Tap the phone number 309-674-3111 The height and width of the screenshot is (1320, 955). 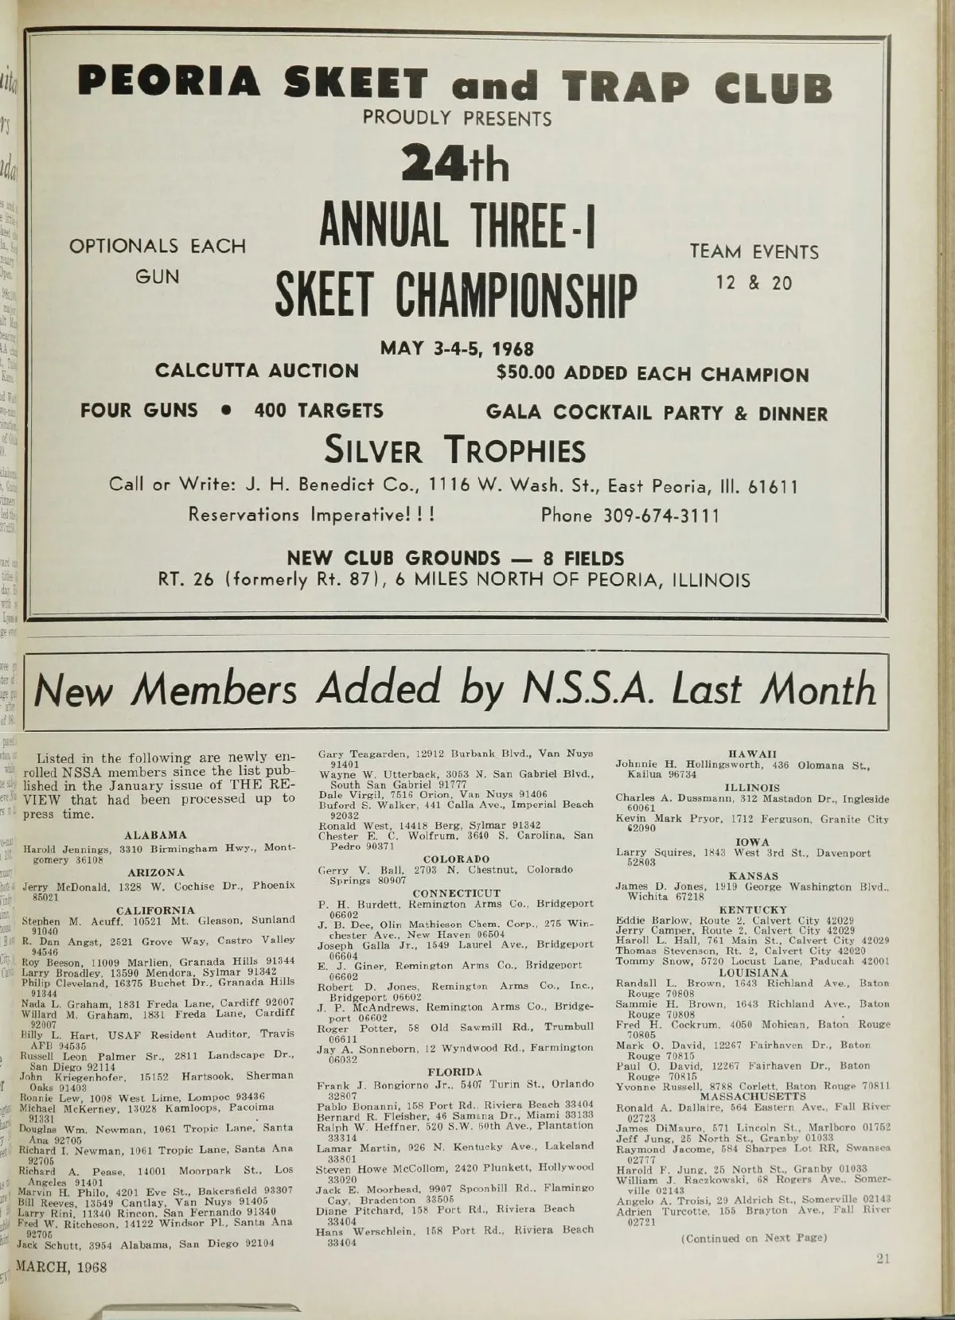630,515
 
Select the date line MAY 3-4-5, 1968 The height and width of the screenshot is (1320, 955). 457,349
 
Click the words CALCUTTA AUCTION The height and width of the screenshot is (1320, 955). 257,371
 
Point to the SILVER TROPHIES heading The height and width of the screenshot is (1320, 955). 454,451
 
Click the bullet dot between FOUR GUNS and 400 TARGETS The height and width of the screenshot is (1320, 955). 227,411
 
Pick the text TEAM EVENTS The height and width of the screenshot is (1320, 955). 754,252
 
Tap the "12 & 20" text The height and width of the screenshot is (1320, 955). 754,283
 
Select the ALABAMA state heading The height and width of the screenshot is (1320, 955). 156,835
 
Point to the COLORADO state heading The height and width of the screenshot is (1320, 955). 456,859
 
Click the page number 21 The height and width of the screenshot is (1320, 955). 883,1258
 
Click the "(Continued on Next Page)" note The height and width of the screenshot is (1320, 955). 754,1238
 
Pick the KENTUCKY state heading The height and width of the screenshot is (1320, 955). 752,909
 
